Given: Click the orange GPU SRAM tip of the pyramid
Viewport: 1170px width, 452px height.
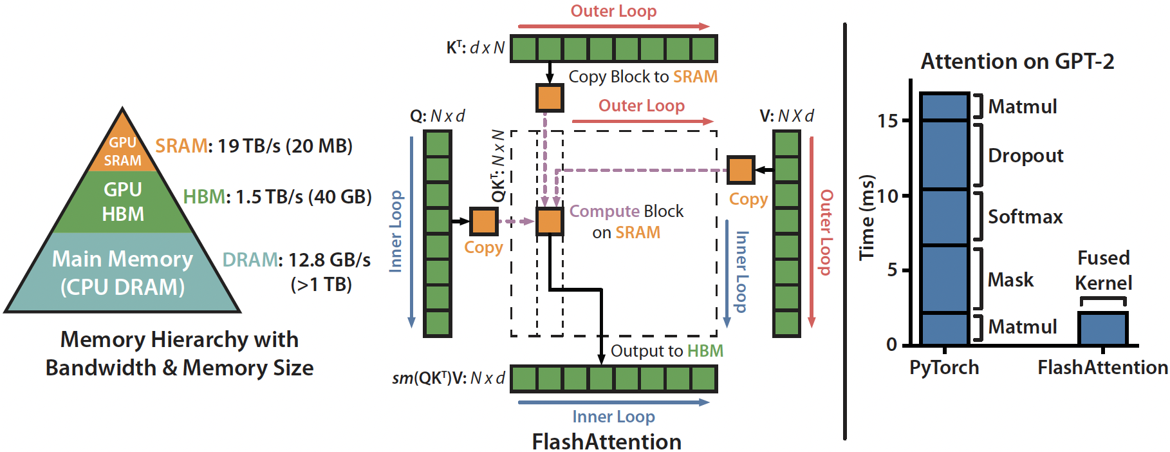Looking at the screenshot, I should (122, 151).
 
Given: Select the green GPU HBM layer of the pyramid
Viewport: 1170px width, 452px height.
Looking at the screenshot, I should (123, 202).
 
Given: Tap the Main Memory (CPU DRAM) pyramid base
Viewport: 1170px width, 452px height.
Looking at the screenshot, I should (122, 272).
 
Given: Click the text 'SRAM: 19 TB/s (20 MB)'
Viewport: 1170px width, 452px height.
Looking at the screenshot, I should (254, 146).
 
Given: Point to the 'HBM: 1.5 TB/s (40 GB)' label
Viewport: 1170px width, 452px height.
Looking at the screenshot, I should (277, 196).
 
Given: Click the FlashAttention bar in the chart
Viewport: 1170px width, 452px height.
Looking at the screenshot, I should (1103, 329).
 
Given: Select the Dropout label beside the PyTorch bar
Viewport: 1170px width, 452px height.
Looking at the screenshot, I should (1025, 156).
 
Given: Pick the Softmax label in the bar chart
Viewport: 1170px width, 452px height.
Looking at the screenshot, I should (1025, 217).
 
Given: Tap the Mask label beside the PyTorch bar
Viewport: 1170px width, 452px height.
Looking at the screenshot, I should (1010, 280).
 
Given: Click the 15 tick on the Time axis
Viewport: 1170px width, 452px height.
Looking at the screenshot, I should (887, 121).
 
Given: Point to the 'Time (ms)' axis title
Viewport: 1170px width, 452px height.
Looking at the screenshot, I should (868, 217).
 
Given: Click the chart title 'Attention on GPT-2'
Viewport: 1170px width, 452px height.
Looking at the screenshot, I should (1017, 62).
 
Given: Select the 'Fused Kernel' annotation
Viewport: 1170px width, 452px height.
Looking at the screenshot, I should (1103, 270).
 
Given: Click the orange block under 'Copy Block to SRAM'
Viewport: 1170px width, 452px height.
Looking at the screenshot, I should (550, 98).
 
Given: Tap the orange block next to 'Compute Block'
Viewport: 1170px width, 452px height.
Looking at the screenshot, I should (550, 221).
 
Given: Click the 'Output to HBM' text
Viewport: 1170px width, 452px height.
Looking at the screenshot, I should (667, 351).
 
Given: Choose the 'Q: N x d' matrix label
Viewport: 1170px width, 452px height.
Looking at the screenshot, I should (438, 116).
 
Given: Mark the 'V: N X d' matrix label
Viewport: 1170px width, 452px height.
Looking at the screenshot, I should (786, 116).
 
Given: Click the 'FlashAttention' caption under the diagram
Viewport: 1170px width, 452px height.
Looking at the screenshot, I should (606, 442).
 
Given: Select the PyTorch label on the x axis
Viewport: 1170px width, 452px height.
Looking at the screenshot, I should (944, 368).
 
